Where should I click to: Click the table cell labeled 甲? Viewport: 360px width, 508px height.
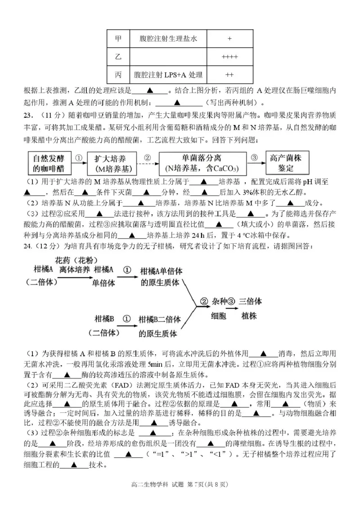point(119,39)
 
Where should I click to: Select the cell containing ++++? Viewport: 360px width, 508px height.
point(229,57)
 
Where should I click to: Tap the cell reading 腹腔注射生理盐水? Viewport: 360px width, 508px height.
point(168,39)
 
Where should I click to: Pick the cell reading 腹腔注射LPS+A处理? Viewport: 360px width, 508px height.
point(168,75)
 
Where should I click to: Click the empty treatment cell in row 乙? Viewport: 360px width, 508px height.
point(168,57)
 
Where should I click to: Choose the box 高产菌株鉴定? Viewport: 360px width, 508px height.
point(288,163)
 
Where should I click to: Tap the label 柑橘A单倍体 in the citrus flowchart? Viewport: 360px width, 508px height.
point(161,271)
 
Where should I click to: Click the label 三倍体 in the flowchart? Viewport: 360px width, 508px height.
point(251,301)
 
